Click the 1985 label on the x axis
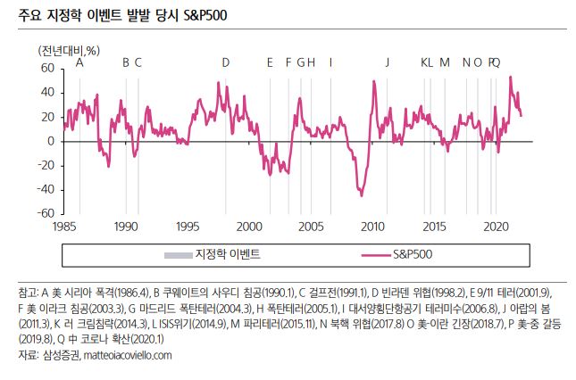[x=64, y=227]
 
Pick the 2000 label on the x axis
[x=249, y=227]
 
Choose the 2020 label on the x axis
[x=496, y=227]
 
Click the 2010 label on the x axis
[x=372, y=227]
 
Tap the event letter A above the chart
[x=80, y=62]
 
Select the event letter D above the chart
[x=226, y=62]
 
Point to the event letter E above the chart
[x=270, y=62]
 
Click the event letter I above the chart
[x=331, y=62]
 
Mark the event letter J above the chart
[x=388, y=62]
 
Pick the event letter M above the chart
[x=445, y=62]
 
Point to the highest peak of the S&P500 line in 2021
[x=511, y=77]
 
